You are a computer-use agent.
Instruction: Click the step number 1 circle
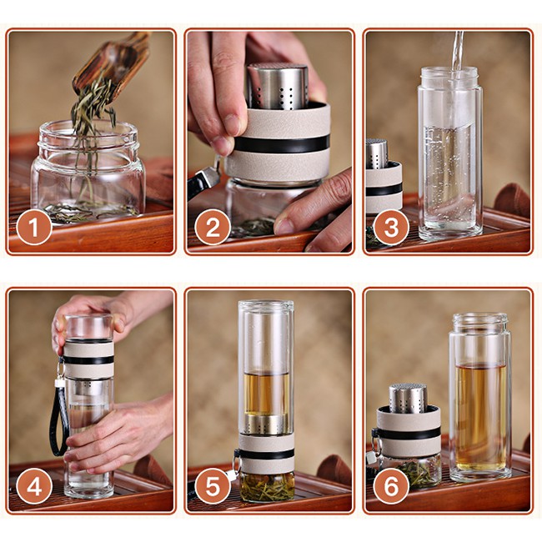[x=34, y=228]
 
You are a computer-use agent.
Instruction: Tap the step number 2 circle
[x=213, y=228]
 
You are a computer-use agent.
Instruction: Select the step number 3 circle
[x=391, y=228]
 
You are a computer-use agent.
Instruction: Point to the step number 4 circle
[x=34, y=487]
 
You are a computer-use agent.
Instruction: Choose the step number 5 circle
[x=213, y=487]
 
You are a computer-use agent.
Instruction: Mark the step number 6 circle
[x=391, y=487]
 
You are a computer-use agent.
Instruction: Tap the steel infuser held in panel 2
[x=278, y=86]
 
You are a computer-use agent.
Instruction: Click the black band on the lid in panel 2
[x=282, y=143]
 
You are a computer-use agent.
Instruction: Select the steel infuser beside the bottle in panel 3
[x=376, y=153]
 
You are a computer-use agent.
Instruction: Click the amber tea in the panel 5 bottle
[x=266, y=394]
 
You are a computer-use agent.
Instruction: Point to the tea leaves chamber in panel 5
[x=267, y=486]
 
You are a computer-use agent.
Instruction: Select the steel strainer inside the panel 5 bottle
[x=266, y=424]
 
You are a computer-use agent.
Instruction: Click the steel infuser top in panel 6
[x=408, y=399]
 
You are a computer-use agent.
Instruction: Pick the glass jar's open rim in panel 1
[x=88, y=134]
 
